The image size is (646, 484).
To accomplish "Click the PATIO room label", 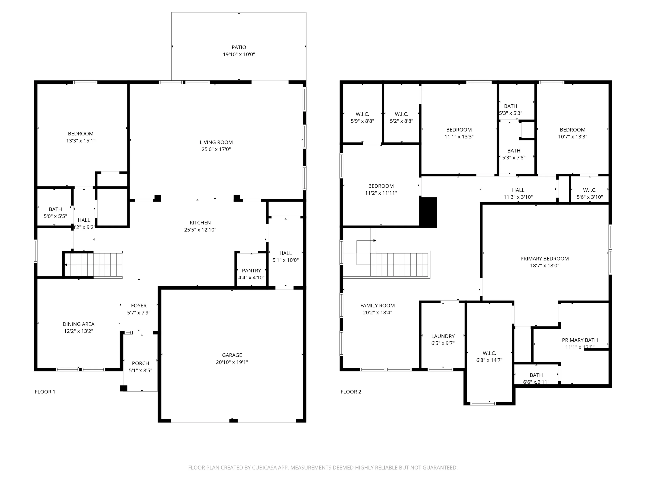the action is coord(239,47).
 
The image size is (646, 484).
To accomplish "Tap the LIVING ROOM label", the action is coord(216,142).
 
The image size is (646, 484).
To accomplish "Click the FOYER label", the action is coord(139,306).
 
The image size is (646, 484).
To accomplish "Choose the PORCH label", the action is coord(140,363).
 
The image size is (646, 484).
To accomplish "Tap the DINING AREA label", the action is coord(79,324).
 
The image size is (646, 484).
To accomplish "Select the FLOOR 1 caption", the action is coord(45,392).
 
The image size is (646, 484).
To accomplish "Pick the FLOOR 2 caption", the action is coord(351,392).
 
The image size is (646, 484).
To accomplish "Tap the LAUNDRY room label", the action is coord(443,336).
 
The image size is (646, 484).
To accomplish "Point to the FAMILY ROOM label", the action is coord(377,306).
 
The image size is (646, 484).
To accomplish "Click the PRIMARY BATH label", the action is coord(580,340).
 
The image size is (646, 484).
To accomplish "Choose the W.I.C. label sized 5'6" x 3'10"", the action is coord(590,190).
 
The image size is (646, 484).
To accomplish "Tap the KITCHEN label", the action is coord(200,223).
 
